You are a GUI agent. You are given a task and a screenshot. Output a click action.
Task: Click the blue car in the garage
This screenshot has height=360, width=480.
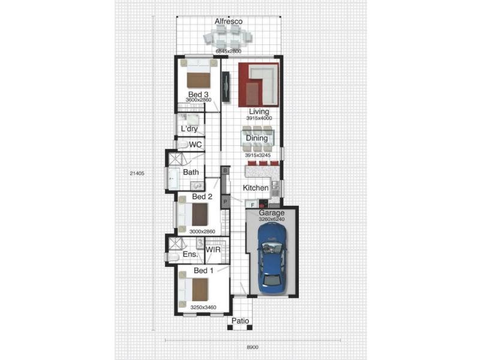click(272, 258)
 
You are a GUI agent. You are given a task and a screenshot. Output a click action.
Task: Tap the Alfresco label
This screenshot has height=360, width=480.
click(229, 22)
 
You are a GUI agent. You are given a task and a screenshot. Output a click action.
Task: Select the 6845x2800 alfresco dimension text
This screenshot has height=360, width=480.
click(229, 51)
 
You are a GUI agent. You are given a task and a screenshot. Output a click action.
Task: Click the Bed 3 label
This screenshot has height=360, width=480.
click(199, 94)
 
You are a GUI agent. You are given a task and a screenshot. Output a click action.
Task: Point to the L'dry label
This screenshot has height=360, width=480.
click(189, 129)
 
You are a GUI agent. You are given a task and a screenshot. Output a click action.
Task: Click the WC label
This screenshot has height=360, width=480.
click(196, 145)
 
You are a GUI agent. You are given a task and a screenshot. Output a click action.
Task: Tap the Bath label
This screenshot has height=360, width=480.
click(191, 172)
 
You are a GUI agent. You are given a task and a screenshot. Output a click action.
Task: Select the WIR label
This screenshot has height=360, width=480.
click(213, 250)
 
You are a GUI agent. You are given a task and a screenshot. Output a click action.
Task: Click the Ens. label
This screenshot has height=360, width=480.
click(190, 254)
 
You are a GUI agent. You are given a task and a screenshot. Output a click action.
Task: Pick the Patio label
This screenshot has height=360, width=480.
click(241, 321)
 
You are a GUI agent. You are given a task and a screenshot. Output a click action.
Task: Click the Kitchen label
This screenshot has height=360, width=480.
click(256, 188)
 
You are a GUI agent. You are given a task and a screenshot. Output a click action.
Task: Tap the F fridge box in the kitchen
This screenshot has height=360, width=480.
click(253, 205)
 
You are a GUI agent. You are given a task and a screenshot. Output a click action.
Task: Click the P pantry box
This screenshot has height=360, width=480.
click(226, 202)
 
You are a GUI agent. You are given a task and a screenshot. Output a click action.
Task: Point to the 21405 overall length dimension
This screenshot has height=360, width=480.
click(137, 173)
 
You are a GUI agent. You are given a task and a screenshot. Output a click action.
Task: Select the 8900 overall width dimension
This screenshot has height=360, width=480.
click(253, 347)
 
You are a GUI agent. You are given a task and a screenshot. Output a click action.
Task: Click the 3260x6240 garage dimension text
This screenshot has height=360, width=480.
click(272, 219)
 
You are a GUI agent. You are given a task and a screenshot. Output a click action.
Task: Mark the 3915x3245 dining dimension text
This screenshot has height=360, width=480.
click(258, 155)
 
